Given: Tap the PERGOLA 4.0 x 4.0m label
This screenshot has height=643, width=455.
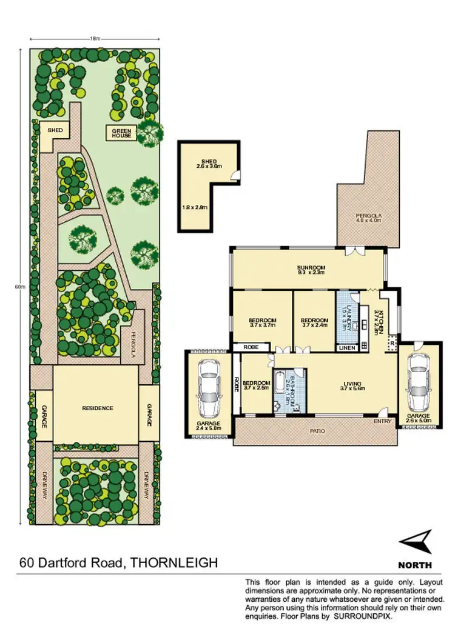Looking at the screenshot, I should click(x=368, y=218).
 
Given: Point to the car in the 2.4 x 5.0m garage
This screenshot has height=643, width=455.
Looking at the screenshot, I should click(x=209, y=386).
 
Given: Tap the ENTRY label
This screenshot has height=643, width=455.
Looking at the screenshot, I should click(x=382, y=421).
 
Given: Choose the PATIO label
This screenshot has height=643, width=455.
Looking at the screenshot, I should click(x=318, y=431).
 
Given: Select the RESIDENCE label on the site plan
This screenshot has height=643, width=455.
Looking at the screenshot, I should click(x=97, y=408).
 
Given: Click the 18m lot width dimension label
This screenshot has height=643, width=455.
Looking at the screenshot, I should click(x=95, y=38).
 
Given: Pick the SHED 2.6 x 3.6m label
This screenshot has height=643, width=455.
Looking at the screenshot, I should click(x=208, y=163).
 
